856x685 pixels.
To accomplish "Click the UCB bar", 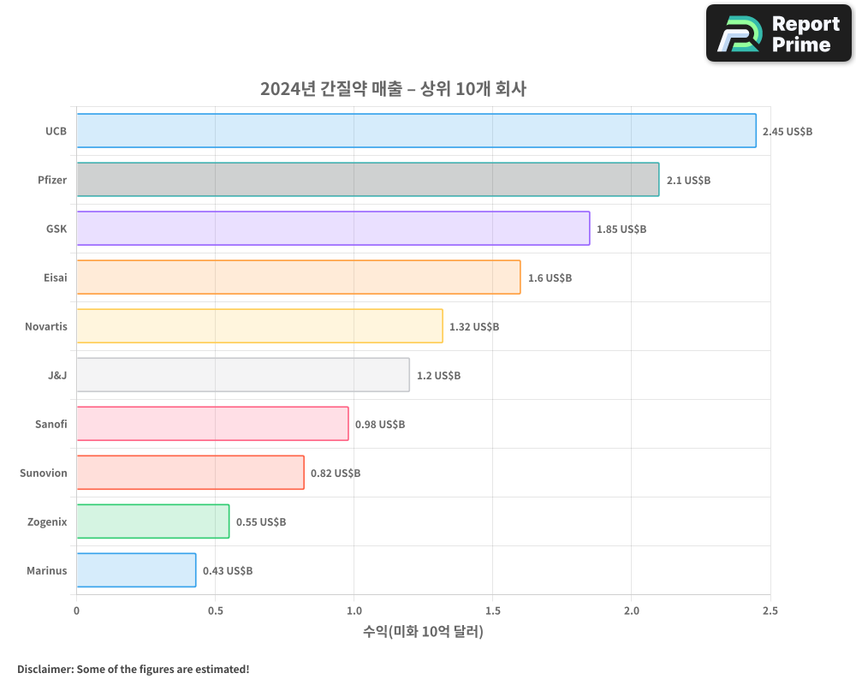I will click(x=416, y=131).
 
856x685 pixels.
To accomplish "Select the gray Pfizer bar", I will click(x=368, y=180).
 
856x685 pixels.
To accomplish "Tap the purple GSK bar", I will click(x=333, y=229).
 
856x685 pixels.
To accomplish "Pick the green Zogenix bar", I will click(x=153, y=521).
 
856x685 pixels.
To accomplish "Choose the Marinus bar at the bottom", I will click(x=136, y=570).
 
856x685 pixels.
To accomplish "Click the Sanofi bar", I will click(x=212, y=424).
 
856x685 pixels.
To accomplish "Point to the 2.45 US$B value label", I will click(x=788, y=132).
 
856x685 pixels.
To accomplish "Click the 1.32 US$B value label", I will click(x=474, y=327).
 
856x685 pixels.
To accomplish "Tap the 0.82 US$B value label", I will click(x=336, y=474).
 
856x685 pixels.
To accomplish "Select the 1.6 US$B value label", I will click(x=550, y=278).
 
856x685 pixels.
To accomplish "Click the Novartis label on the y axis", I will click(x=46, y=327).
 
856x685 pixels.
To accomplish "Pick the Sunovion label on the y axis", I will click(x=44, y=474).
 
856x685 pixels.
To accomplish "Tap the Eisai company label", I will click(x=55, y=278).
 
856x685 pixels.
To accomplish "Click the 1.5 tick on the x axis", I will click(x=492, y=611).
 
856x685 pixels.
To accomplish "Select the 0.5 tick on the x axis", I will click(x=215, y=611).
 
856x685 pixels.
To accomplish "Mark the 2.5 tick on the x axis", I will click(x=770, y=611).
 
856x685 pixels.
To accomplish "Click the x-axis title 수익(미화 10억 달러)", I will click(x=423, y=632).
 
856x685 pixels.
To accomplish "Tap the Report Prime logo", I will click(x=778, y=33).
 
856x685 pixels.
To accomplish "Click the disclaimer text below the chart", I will click(x=133, y=669).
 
